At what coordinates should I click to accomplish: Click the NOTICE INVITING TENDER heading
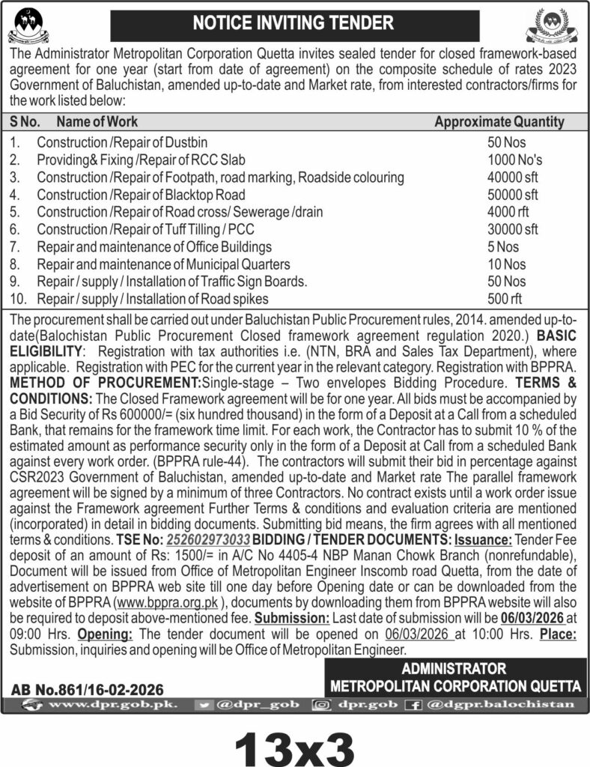pyautogui.click(x=293, y=23)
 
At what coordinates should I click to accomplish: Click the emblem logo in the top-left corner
pyautogui.click(x=28, y=25)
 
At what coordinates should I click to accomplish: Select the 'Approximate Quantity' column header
pyautogui.click(x=499, y=121)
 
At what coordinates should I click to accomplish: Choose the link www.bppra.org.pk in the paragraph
pyautogui.click(x=162, y=605)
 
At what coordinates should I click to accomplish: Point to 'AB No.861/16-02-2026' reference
pyautogui.click(x=88, y=690)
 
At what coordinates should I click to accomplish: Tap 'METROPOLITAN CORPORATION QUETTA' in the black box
pyautogui.click(x=454, y=685)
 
